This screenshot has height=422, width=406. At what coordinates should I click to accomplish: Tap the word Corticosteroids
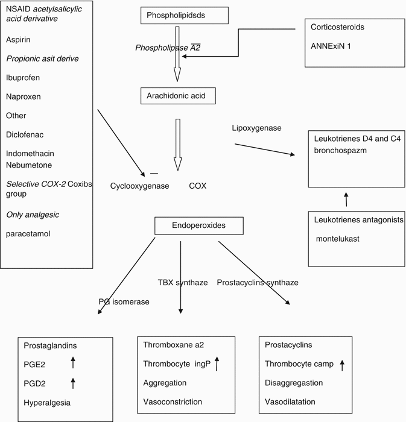coord(341,27)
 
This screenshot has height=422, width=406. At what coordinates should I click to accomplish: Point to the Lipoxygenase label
coord(257,128)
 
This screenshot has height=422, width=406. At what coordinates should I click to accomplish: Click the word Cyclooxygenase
coord(139,186)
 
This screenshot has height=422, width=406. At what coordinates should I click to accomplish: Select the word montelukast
coord(340,239)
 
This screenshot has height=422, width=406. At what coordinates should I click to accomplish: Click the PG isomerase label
coord(124,301)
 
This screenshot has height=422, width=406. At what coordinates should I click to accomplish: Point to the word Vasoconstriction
coord(173,402)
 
